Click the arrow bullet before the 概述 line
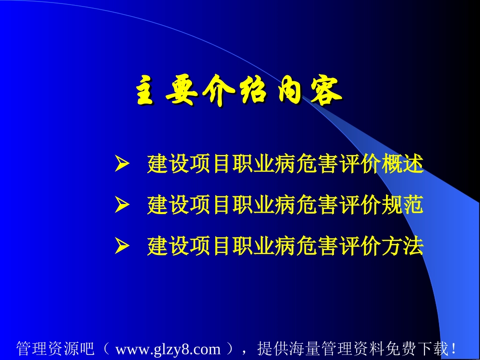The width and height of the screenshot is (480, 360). coord(121,165)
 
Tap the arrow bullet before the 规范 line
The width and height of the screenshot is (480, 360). coord(121,205)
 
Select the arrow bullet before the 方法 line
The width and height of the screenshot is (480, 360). coord(121,247)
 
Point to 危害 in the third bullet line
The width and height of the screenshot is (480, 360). coord(319,247)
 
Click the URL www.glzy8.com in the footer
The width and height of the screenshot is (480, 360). coord(168,349)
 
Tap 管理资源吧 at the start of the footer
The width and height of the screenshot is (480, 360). coord(55,349)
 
